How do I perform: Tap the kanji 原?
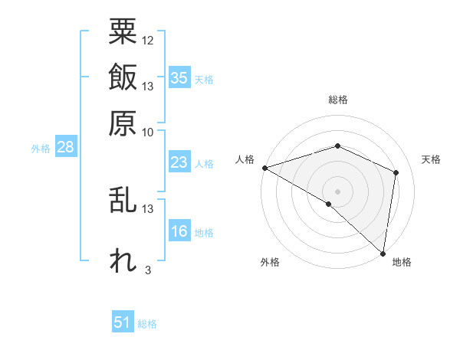pyautogui.click(x=123, y=122)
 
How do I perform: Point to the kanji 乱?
pyautogui.click(x=123, y=201)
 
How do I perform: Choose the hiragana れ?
pyautogui.click(x=123, y=260)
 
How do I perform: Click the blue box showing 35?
pyautogui.click(x=179, y=78)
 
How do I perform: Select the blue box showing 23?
pyautogui.click(x=179, y=162)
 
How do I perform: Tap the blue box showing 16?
pyautogui.click(x=179, y=232)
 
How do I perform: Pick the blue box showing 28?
pyautogui.click(x=65, y=148)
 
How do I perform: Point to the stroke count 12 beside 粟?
pyautogui.click(x=148, y=40)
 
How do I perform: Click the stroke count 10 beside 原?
pyautogui.click(x=148, y=131)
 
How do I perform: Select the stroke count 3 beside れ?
pyautogui.click(x=147, y=270)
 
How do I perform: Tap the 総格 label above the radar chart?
pyautogui.click(x=338, y=100)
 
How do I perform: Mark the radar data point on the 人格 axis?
pyautogui.click(x=264, y=167)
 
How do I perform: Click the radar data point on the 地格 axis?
pyautogui.click(x=383, y=253)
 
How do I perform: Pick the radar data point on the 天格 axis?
pyautogui.click(x=396, y=172)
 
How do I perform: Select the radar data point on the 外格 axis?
pyautogui.click(x=329, y=204)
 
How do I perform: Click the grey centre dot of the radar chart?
pyautogui.click(x=338, y=191)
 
